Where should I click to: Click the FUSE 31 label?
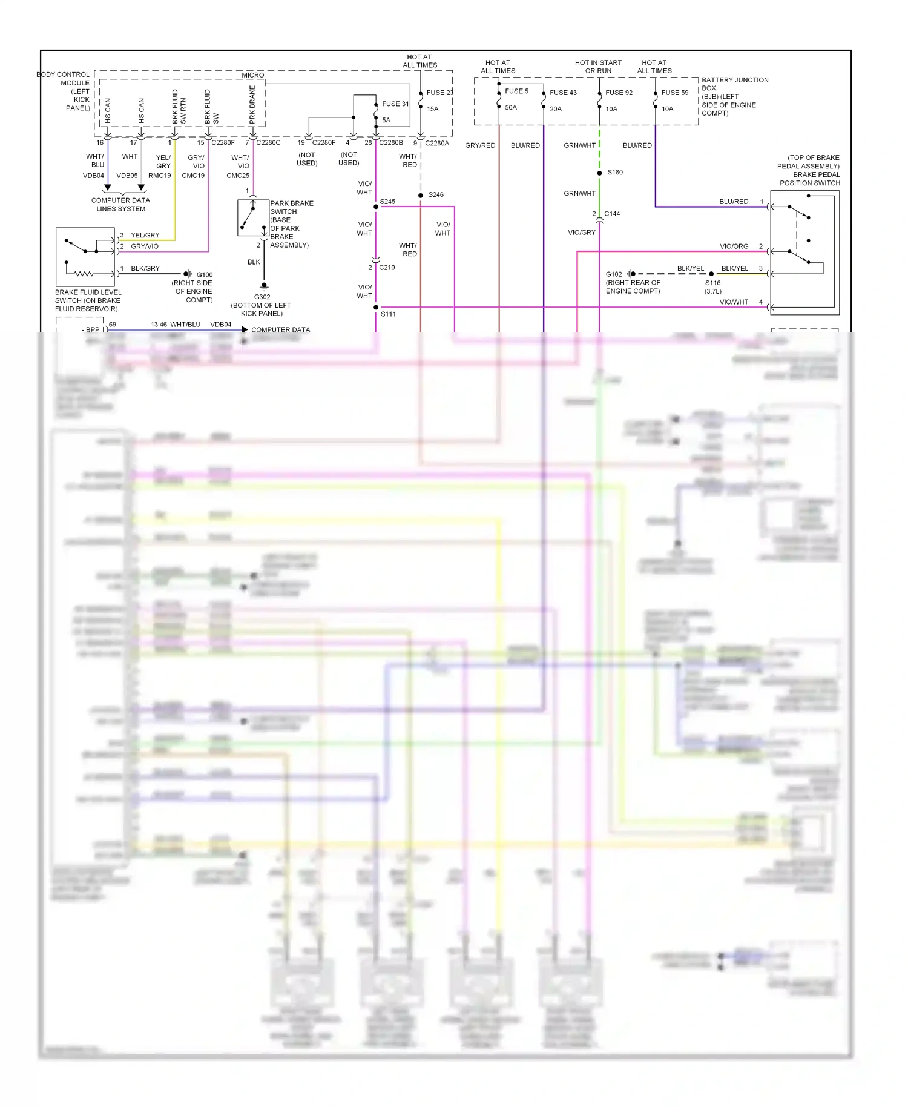(x=395, y=104)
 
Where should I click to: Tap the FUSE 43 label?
(x=563, y=93)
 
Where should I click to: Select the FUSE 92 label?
(x=619, y=93)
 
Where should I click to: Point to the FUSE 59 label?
(x=674, y=93)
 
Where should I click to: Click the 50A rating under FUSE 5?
(x=511, y=108)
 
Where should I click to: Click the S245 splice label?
(x=387, y=202)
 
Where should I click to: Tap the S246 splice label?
(x=436, y=195)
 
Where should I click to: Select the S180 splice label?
(x=615, y=173)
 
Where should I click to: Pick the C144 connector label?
(x=612, y=214)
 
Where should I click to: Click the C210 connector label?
(x=387, y=268)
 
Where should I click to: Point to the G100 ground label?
(x=205, y=275)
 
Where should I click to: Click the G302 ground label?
(x=262, y=297)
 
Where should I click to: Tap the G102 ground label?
(x=614, y=274)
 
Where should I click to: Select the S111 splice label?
(x=388, y=314)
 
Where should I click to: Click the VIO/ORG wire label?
(x=734, y=246)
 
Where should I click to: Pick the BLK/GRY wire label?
(x=145, y=268)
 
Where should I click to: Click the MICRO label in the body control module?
(x=253, y=76)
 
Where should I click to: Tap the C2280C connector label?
(x=268, y=143)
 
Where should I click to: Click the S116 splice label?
(x=712, y=283)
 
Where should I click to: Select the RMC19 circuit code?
(x=160, y=176)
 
